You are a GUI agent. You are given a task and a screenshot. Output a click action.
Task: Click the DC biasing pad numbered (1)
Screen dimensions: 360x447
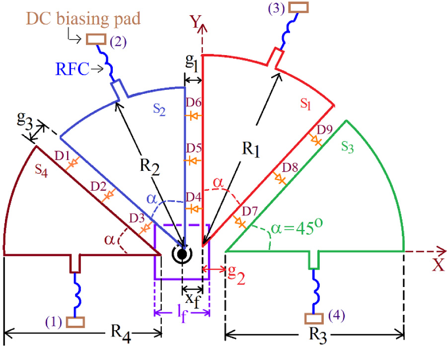point(75,322)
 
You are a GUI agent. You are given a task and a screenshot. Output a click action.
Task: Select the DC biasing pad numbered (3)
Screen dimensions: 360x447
point(298,7)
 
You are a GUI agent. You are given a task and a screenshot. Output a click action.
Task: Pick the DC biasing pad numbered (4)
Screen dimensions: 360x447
point(312,317)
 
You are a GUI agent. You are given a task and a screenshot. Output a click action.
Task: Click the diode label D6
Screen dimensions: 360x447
point(193,102)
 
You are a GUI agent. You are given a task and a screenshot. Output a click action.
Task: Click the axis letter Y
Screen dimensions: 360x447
point(194,21)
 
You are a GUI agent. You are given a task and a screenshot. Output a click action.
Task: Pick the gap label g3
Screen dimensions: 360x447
point(28,123)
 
